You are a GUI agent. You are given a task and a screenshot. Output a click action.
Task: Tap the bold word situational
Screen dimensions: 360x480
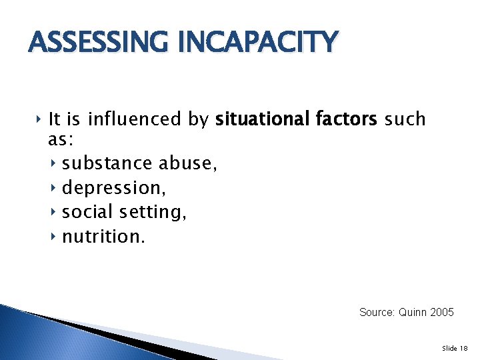point(261,119)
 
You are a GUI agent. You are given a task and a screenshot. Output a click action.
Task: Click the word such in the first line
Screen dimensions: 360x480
point(405,119)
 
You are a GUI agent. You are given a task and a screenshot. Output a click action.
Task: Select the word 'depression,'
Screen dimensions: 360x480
point(114,188)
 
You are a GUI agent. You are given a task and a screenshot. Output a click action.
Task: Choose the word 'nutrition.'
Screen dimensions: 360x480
point(103,236)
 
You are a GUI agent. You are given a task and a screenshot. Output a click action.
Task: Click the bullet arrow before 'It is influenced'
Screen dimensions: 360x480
point(39,119)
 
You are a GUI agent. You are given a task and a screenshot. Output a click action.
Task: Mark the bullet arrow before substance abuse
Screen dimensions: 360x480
point(54,163)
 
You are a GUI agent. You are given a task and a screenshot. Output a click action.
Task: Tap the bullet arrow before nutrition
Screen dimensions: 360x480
point(54,236)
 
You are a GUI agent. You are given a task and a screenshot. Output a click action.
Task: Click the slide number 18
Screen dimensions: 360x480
point(464,348)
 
